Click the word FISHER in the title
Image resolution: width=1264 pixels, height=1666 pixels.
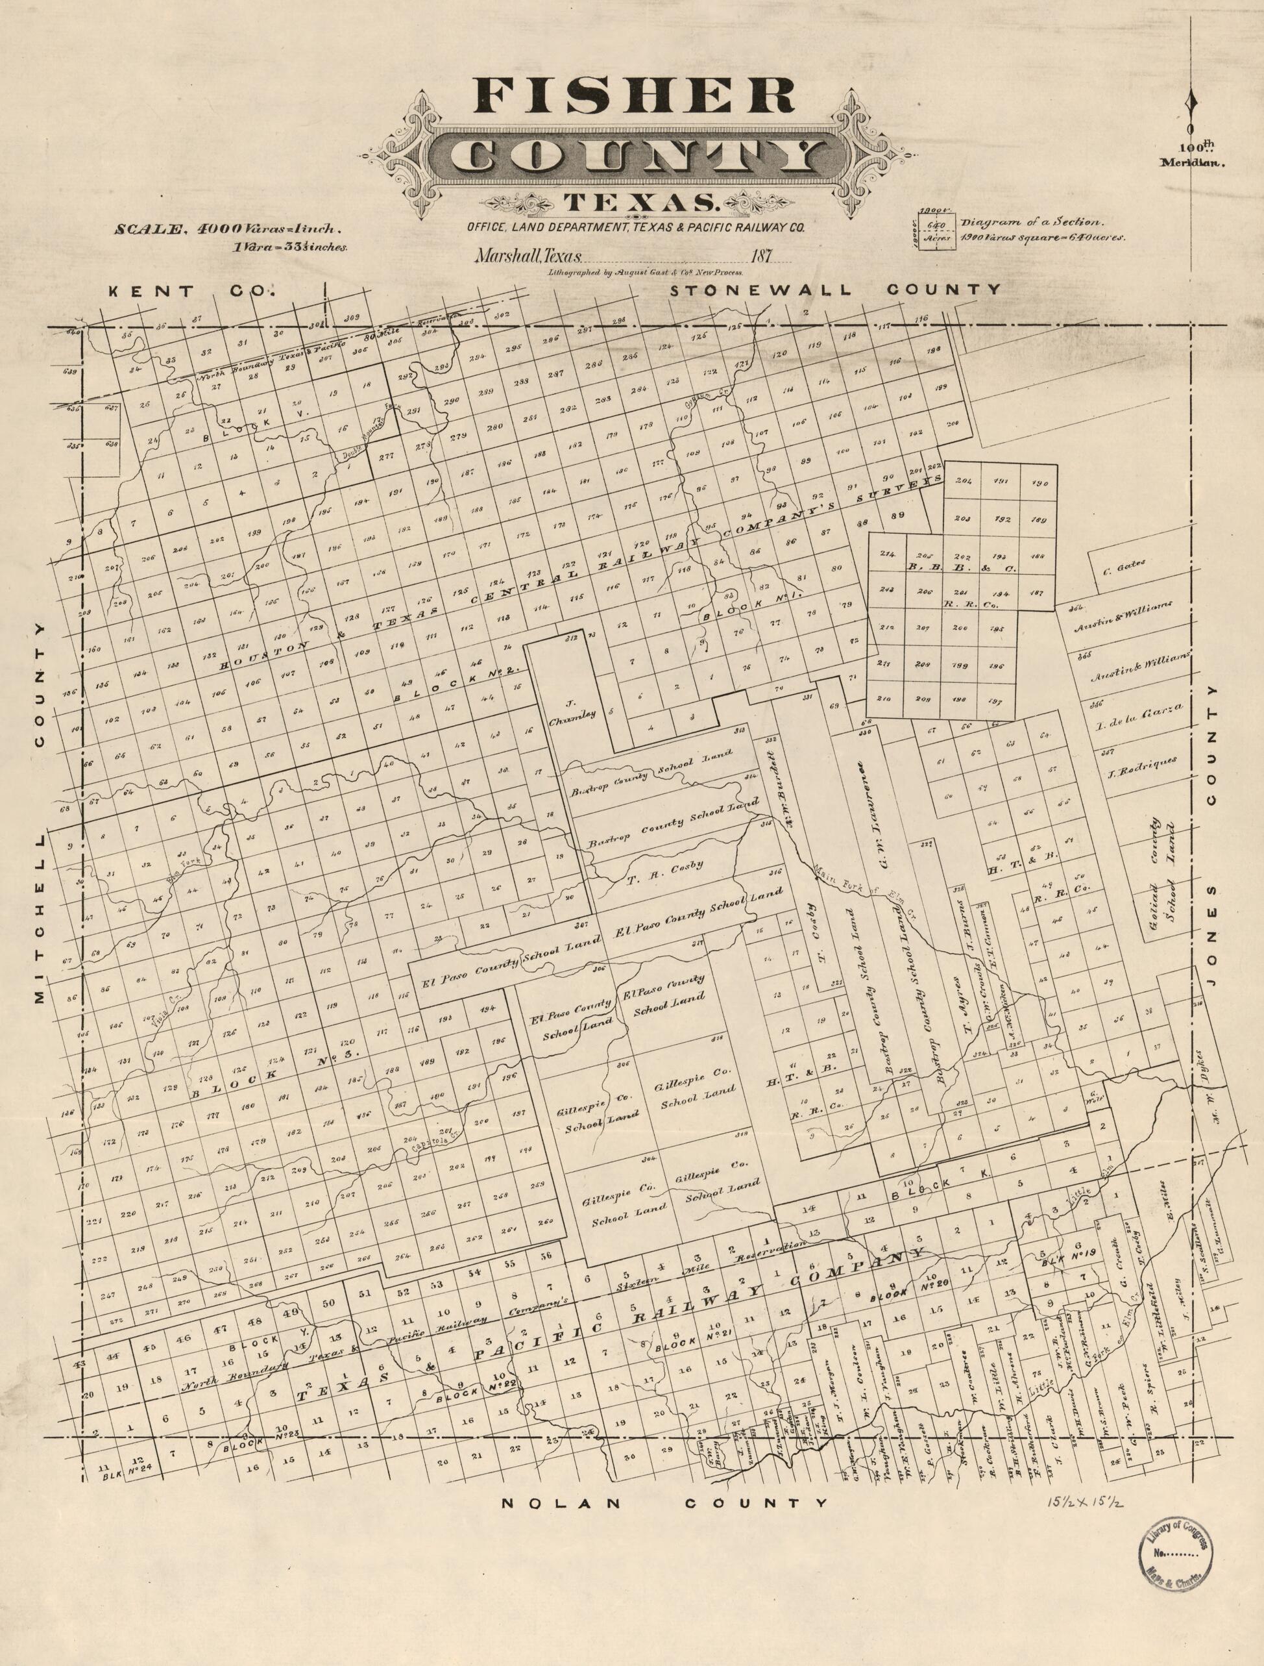(x=634, y=96)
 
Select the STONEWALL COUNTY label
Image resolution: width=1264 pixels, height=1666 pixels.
(x=835, y=289)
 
